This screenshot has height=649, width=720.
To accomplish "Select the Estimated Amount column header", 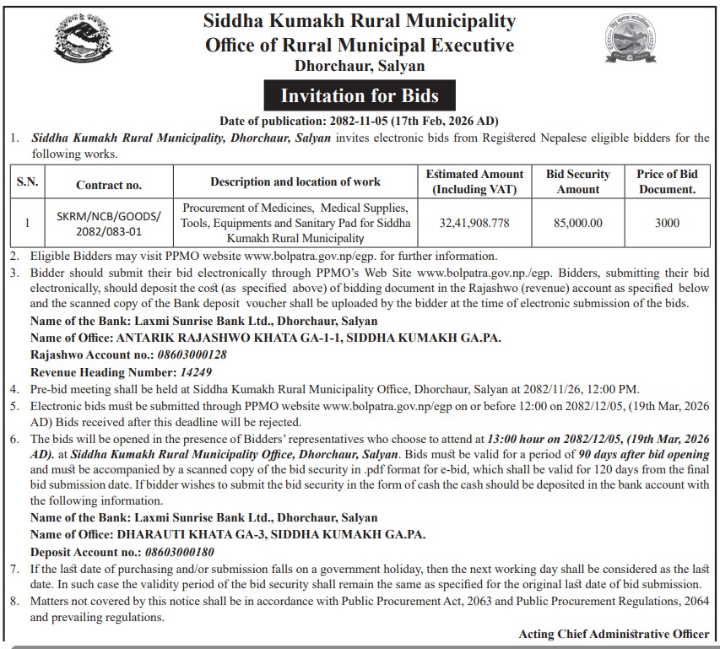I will (474, 181).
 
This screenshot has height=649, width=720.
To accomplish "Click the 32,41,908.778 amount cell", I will (474, 223).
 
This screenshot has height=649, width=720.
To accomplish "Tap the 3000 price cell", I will (666, 223).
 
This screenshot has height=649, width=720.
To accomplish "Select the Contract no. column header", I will (109, 183).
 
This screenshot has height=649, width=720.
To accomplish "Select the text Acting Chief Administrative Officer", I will (614, 634).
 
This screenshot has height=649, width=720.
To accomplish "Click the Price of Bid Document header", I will (666, 181).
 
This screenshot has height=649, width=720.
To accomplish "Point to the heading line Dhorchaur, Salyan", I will (360, 66).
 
